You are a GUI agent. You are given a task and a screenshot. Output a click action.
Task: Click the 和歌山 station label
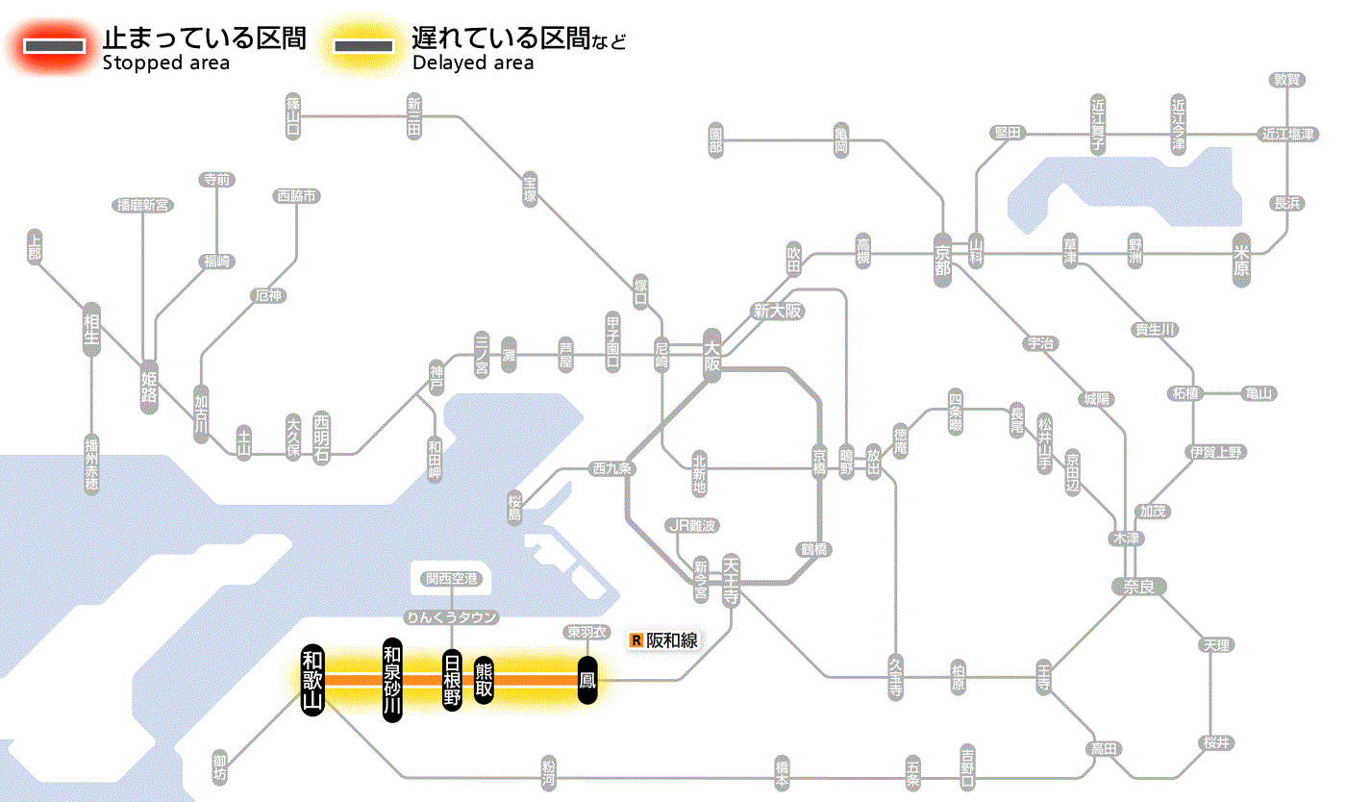[312, 680]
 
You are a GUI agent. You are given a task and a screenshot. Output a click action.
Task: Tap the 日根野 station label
[452, 680]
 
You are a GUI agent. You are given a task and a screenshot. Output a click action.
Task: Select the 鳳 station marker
[587, 680]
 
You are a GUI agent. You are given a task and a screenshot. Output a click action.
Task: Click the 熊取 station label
[484, 680]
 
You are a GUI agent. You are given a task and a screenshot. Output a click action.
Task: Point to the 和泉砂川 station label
[391, 680]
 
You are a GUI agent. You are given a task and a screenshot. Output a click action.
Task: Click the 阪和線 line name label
[670, 639]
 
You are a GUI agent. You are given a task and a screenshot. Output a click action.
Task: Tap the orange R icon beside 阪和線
[636, 639]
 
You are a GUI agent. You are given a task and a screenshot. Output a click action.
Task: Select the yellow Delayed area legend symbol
[362, 46]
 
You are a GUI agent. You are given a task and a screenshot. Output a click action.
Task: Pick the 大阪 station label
[711, 354]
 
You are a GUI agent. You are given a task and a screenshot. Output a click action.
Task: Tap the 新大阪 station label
[777, 312]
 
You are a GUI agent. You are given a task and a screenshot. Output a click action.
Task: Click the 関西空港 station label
[451, 579]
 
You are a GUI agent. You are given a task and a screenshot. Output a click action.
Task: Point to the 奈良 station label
[1138, 585]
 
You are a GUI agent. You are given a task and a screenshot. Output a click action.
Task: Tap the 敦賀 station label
[1288, 80]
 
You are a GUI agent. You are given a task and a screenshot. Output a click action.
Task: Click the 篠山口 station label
[293, 115]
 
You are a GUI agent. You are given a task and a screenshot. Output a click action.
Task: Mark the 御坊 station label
[221, 764]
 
